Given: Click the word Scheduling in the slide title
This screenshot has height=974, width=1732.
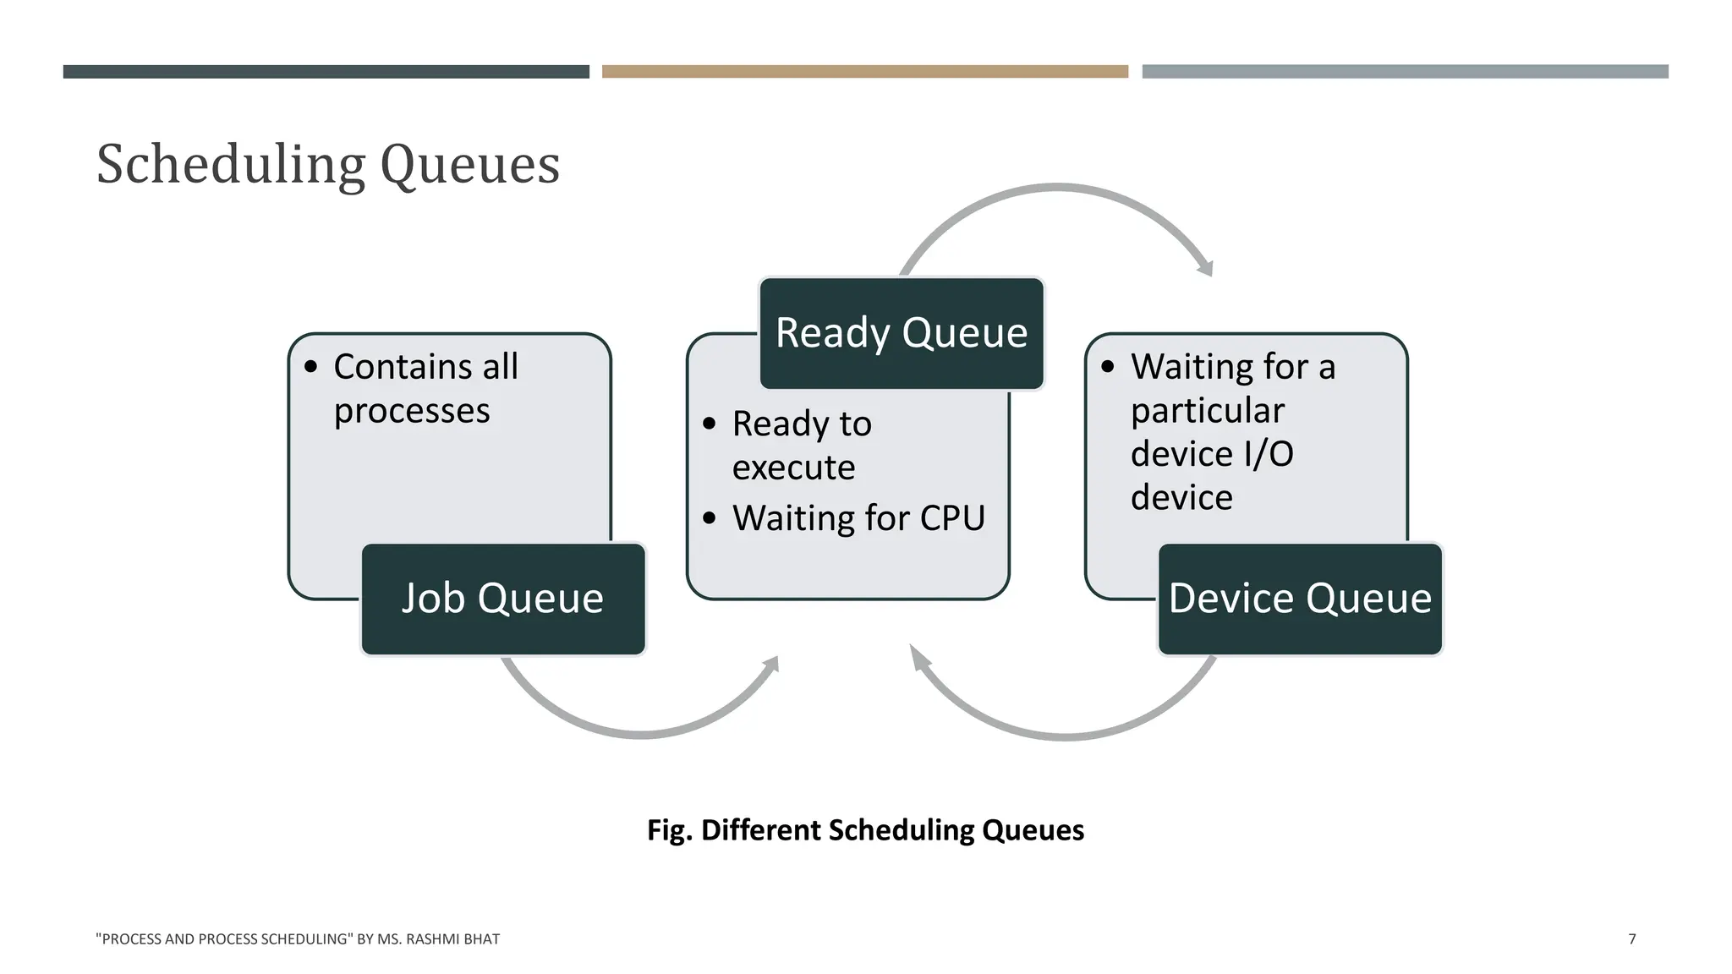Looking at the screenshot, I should tap(231, 164).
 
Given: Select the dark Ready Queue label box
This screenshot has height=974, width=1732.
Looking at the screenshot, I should tap(902, 333).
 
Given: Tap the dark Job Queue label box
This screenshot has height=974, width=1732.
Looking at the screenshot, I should tap(503, 599).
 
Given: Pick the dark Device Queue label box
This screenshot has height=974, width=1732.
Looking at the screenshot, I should tap(1300, 599).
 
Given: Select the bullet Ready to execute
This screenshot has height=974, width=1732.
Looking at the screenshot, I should tap(801, 445).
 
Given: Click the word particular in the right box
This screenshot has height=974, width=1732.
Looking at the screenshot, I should tap(1207, 411).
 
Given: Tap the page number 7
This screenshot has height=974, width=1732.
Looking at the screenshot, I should tap(1631, 938).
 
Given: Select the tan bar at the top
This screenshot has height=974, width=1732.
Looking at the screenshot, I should tap(864, 72).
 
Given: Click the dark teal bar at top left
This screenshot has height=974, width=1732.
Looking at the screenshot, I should tap(326, 72).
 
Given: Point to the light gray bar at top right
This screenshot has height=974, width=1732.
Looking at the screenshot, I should tap(1405, 72).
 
